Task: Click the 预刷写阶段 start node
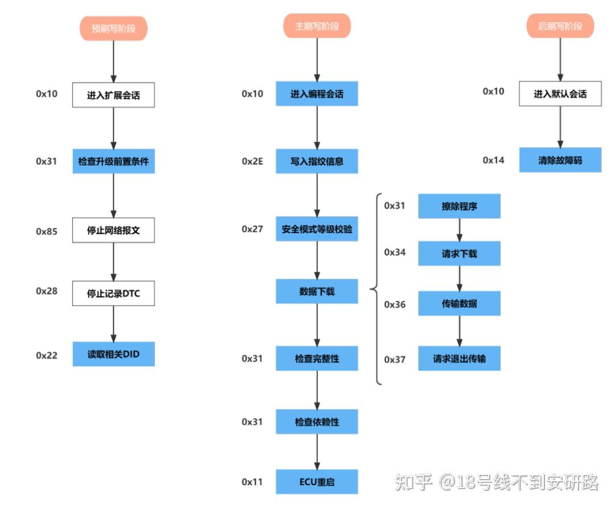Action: tap(113, 28)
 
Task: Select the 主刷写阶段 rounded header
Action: tap(317, 26)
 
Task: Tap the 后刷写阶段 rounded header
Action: tap(560, 26)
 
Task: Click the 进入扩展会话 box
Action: tap(113, 95)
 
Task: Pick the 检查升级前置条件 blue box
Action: tap(113, 161)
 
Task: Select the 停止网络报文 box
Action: tap(113, 230)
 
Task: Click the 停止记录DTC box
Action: tap(113, 293)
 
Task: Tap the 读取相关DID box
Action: tap(113, 354)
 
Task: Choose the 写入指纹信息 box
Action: tap(317, 161)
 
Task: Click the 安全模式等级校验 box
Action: tap(317, 229)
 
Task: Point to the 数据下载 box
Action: tap(317, 291)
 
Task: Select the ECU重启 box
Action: tap(317, 482)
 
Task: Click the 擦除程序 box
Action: tap(459, 206)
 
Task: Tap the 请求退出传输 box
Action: tap(459, 359)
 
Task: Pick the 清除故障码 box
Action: tap(560, 160)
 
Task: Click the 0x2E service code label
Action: tap(252, 162)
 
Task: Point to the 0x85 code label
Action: tap(47, 231)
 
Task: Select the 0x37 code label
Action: tap(395, 360)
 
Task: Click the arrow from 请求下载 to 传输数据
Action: tap(460, 278)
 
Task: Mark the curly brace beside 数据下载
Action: tap(376, 289)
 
